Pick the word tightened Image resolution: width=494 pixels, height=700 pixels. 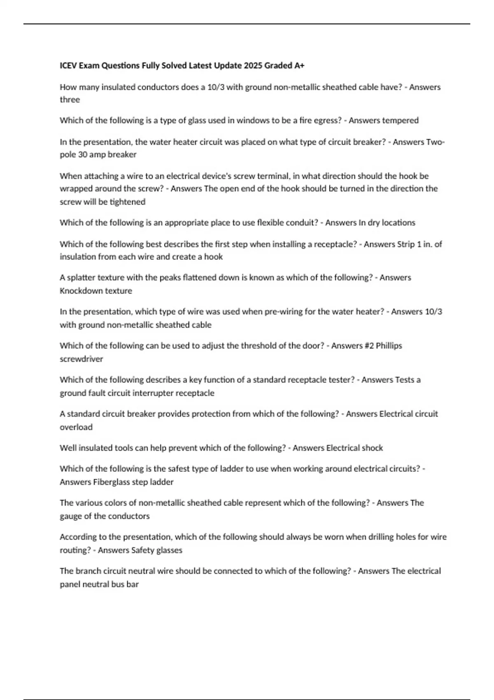127,202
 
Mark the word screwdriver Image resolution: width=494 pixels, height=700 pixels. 82,359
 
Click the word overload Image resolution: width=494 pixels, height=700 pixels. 76,427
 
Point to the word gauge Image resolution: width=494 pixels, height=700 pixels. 70,516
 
